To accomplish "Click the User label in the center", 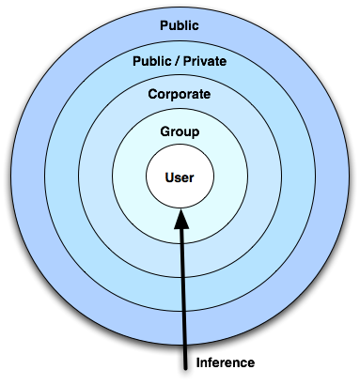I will [x=180, y=177].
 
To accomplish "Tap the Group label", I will [x=180, y=131].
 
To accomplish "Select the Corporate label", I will [x=180, y=95].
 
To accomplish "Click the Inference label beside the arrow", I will [x=225, y=362].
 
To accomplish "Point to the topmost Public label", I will [x=180, y=25].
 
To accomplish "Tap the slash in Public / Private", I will [x=179, y=62].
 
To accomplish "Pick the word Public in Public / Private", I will [x=152, y=62].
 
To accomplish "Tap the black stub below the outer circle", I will [x=183, y=368].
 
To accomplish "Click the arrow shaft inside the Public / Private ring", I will [x=182, y=296].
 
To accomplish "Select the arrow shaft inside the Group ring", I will [x=181, y=230].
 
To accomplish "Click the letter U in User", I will [x=168, y=177].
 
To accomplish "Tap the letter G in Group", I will [x=164, y=131].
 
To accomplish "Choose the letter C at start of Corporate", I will [x=152, y=95].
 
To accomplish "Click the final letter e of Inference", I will [x=251, y=362].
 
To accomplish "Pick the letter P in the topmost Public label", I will [x=164, y=25].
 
